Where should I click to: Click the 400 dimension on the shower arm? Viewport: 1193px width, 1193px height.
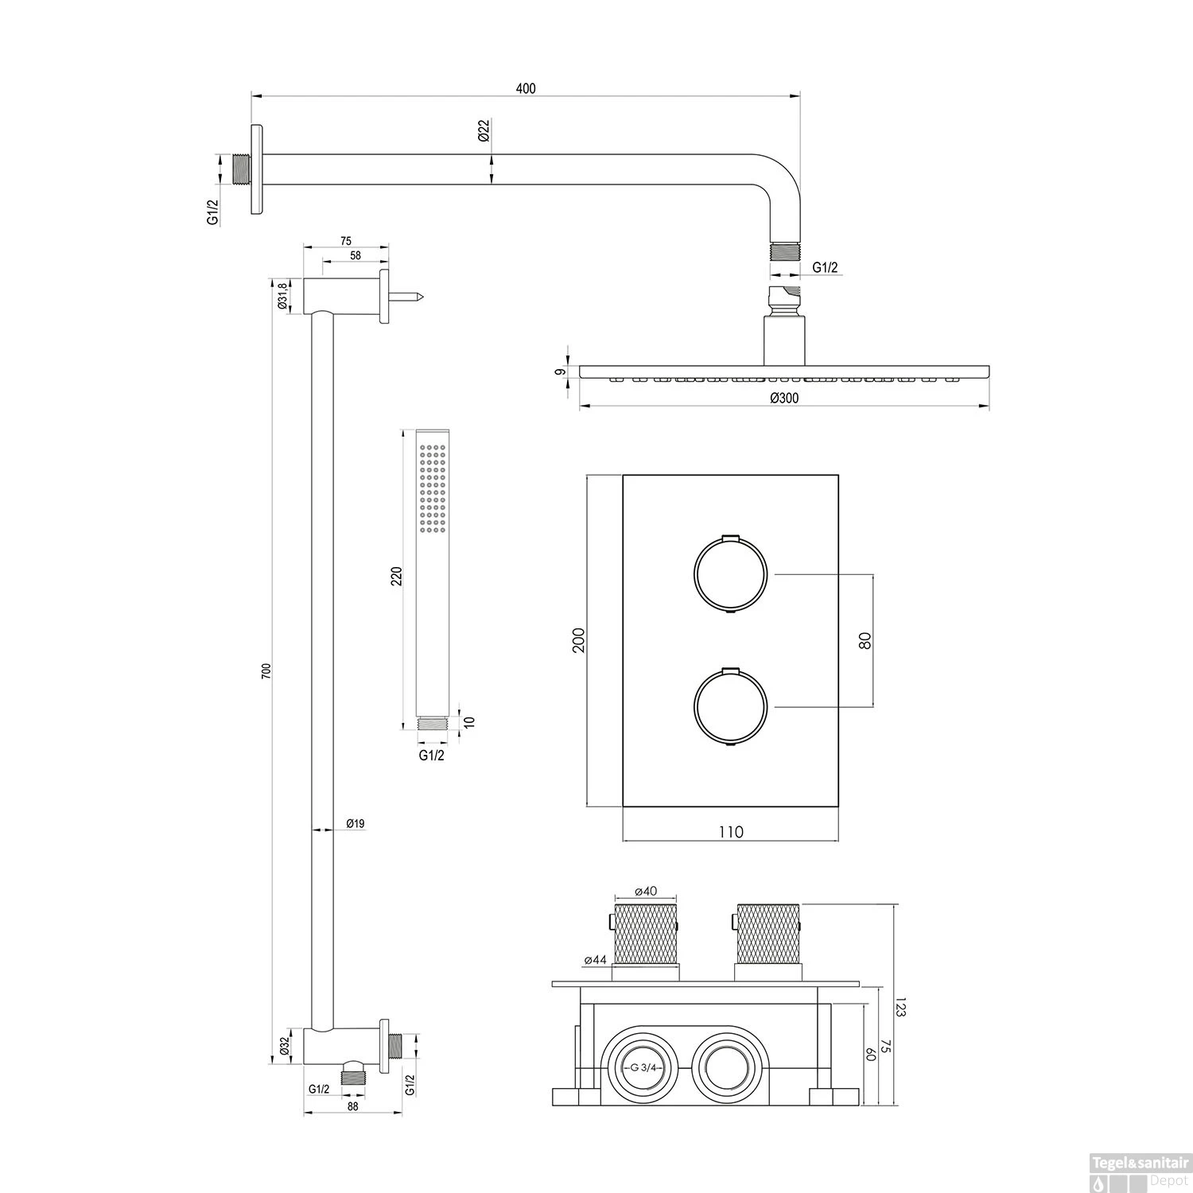click(x=526, y=88)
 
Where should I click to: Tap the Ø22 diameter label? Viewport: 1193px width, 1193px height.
click(x=483, y=132)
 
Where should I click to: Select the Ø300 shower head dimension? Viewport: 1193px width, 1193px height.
click(x=784, y=398)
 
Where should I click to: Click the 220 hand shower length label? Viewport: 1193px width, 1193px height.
click(x=397, y=575)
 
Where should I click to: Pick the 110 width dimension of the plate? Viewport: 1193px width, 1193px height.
click(x=730, y=832)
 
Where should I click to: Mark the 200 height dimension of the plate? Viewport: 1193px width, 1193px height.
click(x=579, y=640)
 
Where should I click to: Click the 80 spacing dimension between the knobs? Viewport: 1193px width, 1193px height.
click(x=865, y=640)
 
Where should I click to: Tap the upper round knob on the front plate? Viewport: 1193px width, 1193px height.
click(x=730, y=573)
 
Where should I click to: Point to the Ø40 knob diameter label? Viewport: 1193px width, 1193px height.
click(x=646, y=892)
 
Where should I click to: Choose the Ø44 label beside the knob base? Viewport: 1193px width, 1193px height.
click(x=595, y=961)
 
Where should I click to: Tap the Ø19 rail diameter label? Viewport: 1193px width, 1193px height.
click(x=355, y=824)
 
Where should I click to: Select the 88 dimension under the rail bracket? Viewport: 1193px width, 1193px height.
click(x=353, y=1106)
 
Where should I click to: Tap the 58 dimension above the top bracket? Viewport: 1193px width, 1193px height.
click(x=355, y=255)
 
